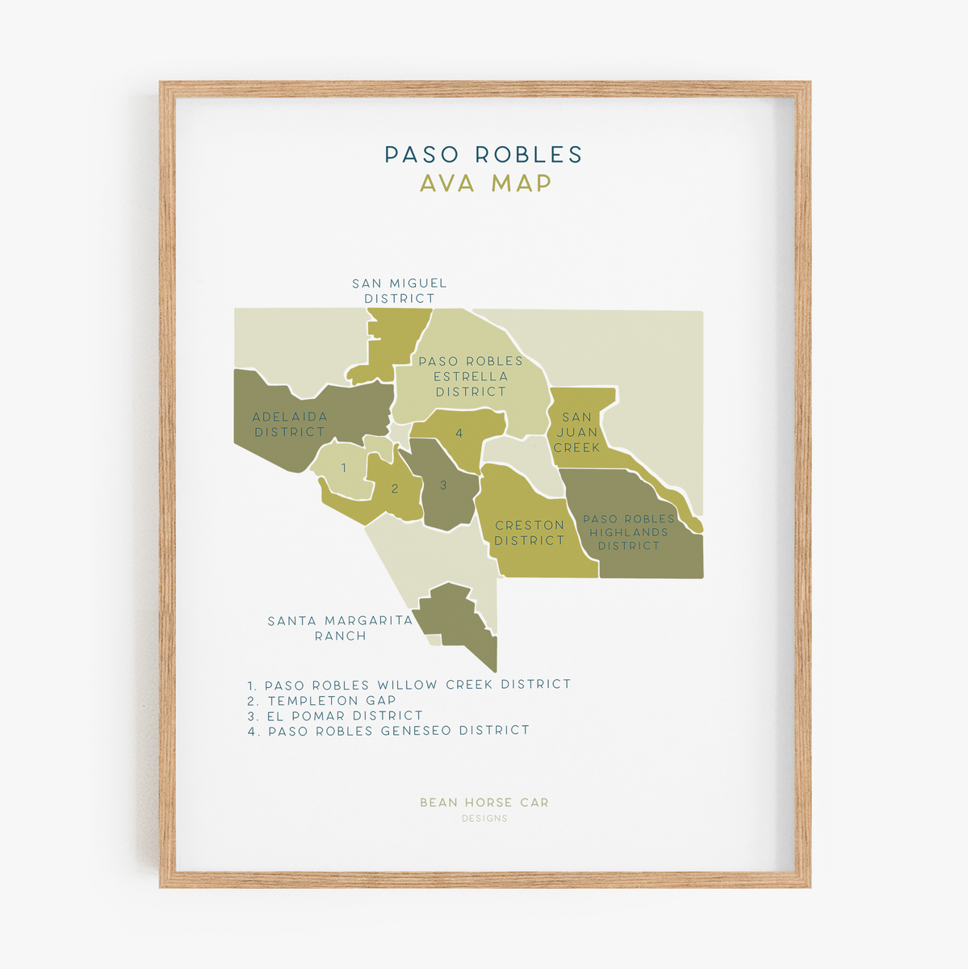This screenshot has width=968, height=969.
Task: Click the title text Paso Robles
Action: coord(483,154)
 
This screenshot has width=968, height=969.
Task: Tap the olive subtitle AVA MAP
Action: coord(485,183)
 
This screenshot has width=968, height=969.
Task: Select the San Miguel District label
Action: coord(399,291)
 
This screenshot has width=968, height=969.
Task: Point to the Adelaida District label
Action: coord(290,424)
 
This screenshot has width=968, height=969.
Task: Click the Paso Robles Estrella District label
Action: coord(471,376)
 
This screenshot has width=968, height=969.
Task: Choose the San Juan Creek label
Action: coord(576,432)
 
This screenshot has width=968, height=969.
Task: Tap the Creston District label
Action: coord(530,533)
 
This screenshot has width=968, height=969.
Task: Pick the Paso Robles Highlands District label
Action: coord(629,532)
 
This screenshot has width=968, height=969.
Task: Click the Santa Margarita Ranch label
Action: coord(340,628)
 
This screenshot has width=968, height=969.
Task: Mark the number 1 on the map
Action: coord(344,468)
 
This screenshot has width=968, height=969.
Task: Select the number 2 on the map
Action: coord(395,489)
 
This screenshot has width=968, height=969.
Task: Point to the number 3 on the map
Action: coord(443,485)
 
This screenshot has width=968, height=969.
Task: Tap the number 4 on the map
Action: coord(459,434)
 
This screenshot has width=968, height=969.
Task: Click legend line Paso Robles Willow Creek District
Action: coord(409,685)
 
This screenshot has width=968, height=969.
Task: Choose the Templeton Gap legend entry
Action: coord(322,700)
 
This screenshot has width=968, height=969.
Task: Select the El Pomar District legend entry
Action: coord(335,715)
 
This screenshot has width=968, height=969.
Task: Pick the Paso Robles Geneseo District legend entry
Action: coord(388,731)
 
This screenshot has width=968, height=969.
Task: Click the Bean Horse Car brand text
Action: coord(484,803)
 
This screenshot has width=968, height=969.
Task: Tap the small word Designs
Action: coord(484,819)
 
